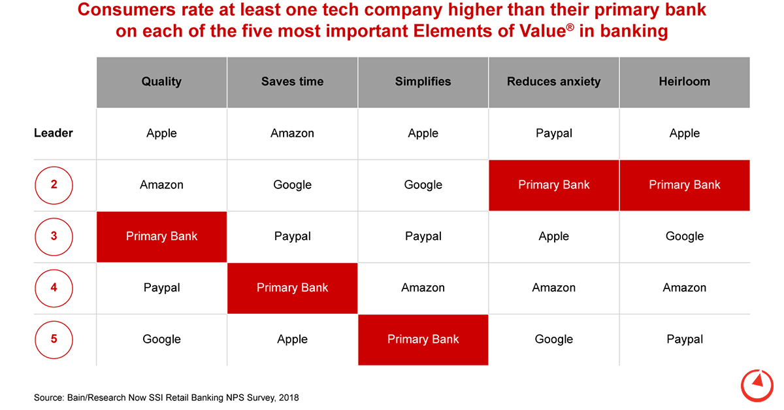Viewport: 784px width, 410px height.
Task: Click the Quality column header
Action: tap(161, 82)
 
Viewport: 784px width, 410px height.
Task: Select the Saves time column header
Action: tap(292, 82)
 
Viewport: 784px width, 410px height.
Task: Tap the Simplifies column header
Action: tap(423, 82)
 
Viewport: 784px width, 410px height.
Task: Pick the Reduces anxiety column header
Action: tap(553, 82)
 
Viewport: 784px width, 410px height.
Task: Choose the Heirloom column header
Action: tap(684, 82)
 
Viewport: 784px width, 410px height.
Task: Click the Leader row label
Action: tap(54, 133)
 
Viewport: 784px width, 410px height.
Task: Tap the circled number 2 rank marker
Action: tap(54, 185)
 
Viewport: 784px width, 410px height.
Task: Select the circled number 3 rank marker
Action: tap(54, 236)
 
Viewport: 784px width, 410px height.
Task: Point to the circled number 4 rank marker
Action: tap(54, 288)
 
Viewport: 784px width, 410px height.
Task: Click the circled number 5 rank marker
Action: tap(54, 339)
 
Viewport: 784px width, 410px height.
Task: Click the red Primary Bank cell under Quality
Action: tap(161, 236)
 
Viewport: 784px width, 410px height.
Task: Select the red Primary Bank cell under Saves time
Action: tap(292, 288)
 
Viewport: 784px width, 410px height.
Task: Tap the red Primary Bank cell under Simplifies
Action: tap(423, 339)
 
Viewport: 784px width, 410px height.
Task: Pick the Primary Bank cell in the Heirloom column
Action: tap(684, 185)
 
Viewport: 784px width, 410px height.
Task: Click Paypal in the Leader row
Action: tap(553, 133)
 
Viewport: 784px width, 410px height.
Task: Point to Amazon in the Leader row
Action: tap(292, 133)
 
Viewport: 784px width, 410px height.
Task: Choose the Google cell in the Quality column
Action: tap(161, 339)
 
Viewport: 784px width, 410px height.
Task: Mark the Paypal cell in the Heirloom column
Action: tap(684, 339)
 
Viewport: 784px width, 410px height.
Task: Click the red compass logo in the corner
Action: tap(757, 384)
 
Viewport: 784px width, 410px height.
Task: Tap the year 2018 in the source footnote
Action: tap(287, 398)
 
